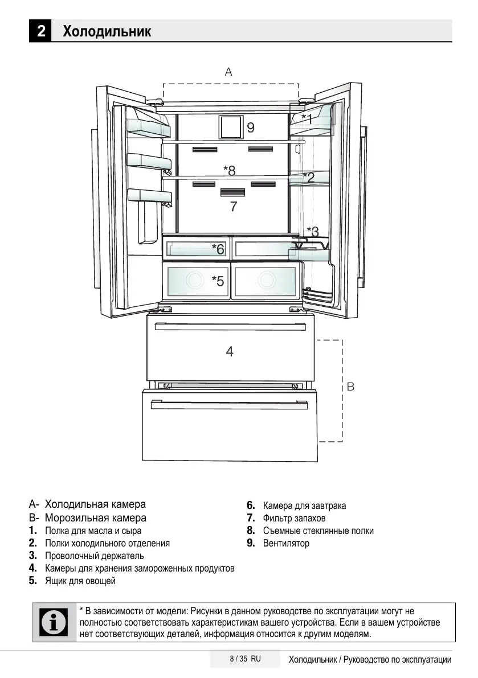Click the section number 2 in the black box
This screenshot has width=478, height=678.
[x=40, y=31]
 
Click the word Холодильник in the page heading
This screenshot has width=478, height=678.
[x=107, y=31]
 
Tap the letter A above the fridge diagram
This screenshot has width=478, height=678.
[x=228, y=72]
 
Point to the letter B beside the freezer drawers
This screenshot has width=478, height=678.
[x=350, y=387]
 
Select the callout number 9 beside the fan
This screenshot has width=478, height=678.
[x=250, y=128]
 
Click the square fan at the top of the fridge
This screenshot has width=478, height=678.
[x=231, y=127]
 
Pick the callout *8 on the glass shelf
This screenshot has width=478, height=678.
[x=230, y=170]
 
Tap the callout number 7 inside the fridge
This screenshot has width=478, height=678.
[x=233, y=206]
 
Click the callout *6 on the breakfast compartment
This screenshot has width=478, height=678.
[x=218, y=249]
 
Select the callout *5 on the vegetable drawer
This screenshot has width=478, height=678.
[x=218, y=280]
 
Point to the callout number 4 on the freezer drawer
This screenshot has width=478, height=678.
[x=229, y=351]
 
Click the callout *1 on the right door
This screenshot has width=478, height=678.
[x=307, y=118]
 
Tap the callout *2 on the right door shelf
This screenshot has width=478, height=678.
[x=308, y=177]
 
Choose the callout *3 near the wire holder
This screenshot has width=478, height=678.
[x=313, y=231]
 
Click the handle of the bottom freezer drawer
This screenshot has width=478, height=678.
[x=228, y=405]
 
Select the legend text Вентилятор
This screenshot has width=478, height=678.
[x=286, y=543]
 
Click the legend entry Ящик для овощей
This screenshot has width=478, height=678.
[x=80, y=581]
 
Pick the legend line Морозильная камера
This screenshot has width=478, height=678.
[x=95, y=518]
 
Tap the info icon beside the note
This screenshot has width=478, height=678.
[x=54, y=622]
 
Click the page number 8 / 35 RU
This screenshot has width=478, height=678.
[x=245, y=659]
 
